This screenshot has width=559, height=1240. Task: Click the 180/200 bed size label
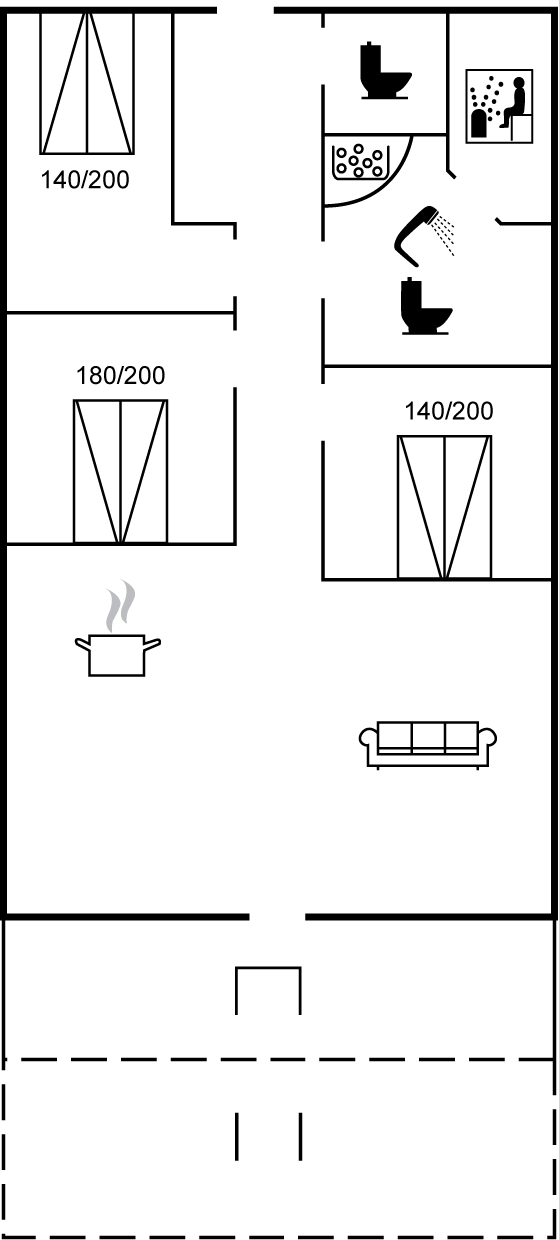pos(120,376)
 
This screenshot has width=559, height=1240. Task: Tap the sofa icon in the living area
pos(428,745)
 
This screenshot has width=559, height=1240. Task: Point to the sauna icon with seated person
pos(499,106)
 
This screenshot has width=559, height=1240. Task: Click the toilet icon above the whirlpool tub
pos(385,70)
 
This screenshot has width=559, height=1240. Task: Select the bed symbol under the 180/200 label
pos(120,471)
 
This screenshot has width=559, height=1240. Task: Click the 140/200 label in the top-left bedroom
pos(85,180)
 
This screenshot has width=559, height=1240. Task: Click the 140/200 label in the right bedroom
pos(449,411)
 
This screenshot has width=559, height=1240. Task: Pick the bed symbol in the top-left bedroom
pos(87,83)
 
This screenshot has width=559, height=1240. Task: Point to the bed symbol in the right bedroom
pos(444,507)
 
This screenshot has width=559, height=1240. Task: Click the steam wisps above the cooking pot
pos(121,606)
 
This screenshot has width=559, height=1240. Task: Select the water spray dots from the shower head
pos(444,234)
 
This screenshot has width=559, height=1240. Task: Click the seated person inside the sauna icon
pos(515,102)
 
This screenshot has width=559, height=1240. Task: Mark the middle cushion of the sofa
pos(428,736)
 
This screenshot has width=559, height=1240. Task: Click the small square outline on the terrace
pos(269,991)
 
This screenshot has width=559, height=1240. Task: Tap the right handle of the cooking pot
pos(152,643)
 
